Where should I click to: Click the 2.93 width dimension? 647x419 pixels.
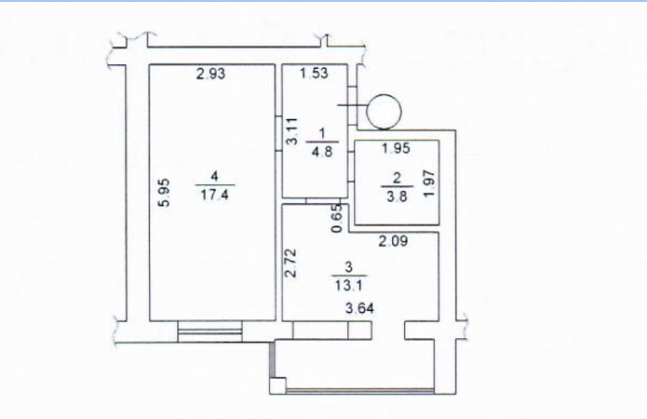pyautogui.click(x=210, y=74)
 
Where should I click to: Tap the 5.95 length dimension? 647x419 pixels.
pyautogui.click(x=165, y=193)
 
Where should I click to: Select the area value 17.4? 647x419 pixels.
pyautogui.click(x=214, y=195)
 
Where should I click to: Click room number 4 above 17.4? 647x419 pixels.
pyautogui.click(x=214, y=176)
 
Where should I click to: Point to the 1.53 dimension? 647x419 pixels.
pyautogui.click(x=314, y=73)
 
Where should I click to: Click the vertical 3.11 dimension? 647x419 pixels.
pyautogui.click(x=292, y=131)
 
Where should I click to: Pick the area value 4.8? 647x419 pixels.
pyautogui.click(x=322, y=152)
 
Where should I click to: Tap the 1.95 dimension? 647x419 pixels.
pyautogui.click(x=396, y=148)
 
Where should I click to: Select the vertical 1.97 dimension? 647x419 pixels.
pyautogui.click(x=429, y=183)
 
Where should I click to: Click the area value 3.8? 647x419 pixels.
pyautogui.click(x=397, y=196)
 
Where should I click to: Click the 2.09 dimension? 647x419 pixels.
pyautogui.click(x=394, y=241)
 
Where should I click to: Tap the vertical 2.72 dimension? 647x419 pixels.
pyautogui.click(x=291, y=263)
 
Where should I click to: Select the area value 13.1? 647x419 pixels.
pyautogui.click(x=349, y=285)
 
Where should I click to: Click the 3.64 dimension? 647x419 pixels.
pyautogui.click(x=360, y=308)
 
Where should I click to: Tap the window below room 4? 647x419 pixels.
pyautogui.click(x=209, y=331)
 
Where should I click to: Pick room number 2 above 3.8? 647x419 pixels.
pyautogui.click(x=397, y=178)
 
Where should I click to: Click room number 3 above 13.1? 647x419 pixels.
pyautogui.click(x=349, y=267)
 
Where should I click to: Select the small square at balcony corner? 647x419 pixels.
pyautogui.click(x=277, y=385)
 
